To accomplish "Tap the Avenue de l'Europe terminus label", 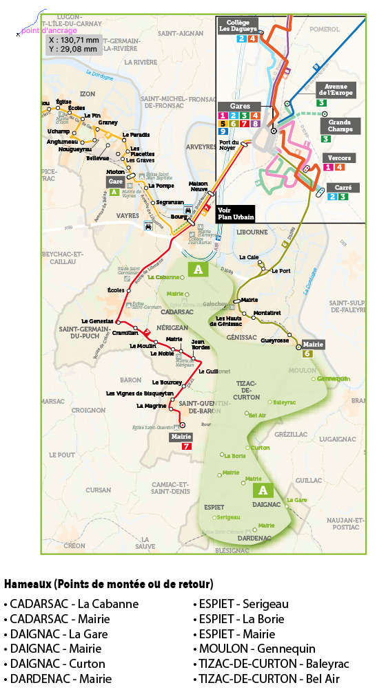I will [336, 89].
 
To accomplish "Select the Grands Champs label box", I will [340, 125].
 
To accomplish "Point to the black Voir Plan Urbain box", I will [235, 213].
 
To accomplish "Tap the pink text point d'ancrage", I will [50, 30].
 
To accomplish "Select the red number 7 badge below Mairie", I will [185, 446].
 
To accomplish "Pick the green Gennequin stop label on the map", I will [334, 379].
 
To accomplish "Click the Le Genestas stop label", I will [96, 321].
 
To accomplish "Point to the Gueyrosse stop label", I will [274, 340].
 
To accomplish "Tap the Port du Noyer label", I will [228, 144].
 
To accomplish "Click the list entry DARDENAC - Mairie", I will [57, 679].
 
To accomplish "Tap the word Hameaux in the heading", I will [28, 584].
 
